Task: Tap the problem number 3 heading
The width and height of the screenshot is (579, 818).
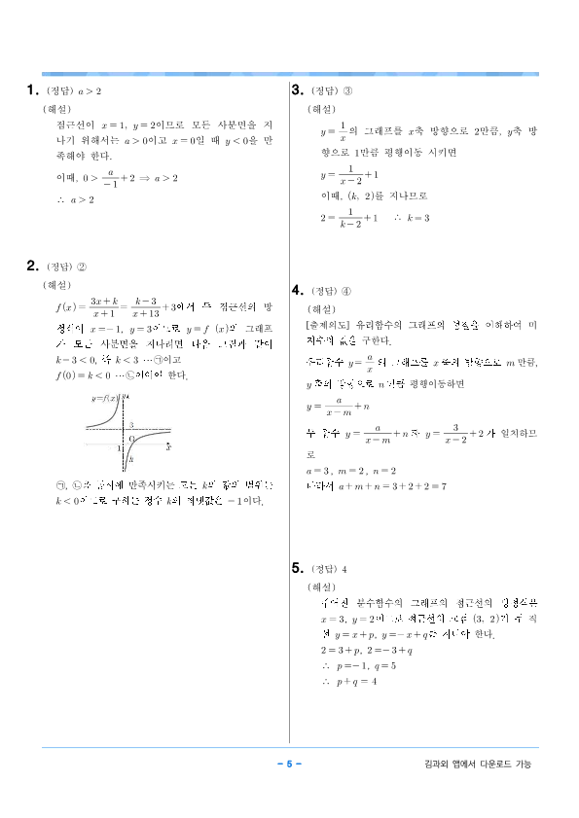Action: (x=297, y=90)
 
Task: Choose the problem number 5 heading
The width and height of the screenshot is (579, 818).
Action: (x=298, y=568)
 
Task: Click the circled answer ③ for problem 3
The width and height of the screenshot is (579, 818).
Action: (x=347, y=91)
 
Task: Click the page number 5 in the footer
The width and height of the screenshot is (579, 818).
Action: (x=289, y=764)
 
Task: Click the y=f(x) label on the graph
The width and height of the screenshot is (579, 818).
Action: (x=103, y=399)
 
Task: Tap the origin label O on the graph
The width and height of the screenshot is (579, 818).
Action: (x=131, y=439)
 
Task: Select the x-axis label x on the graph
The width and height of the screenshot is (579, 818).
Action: (x=167, y=447)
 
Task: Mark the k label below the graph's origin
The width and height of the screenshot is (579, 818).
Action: (x=131, y=458)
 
